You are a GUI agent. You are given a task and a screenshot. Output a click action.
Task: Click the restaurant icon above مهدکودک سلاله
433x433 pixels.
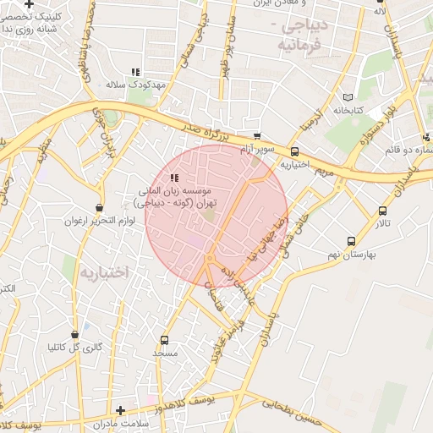[x=135, y=73]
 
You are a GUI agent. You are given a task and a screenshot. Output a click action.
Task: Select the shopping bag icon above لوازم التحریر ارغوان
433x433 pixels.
[x=101, y=207]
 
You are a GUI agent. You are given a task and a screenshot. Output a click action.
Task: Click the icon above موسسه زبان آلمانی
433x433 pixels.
[x=174, y=178]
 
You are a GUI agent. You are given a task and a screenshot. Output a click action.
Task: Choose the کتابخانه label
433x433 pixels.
[x=348, y=110]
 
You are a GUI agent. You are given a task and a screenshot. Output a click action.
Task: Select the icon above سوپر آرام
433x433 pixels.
[x=257, y=136]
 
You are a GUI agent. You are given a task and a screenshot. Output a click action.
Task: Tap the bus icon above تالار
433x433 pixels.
[x=383, y=211]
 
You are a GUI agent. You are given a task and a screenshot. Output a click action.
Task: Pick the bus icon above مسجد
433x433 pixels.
[x=163, y=339]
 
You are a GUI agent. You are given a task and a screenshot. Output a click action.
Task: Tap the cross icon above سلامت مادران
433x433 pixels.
[x=120, y=410]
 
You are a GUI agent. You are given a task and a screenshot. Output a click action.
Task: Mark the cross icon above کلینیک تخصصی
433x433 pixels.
[x=30, y=4]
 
